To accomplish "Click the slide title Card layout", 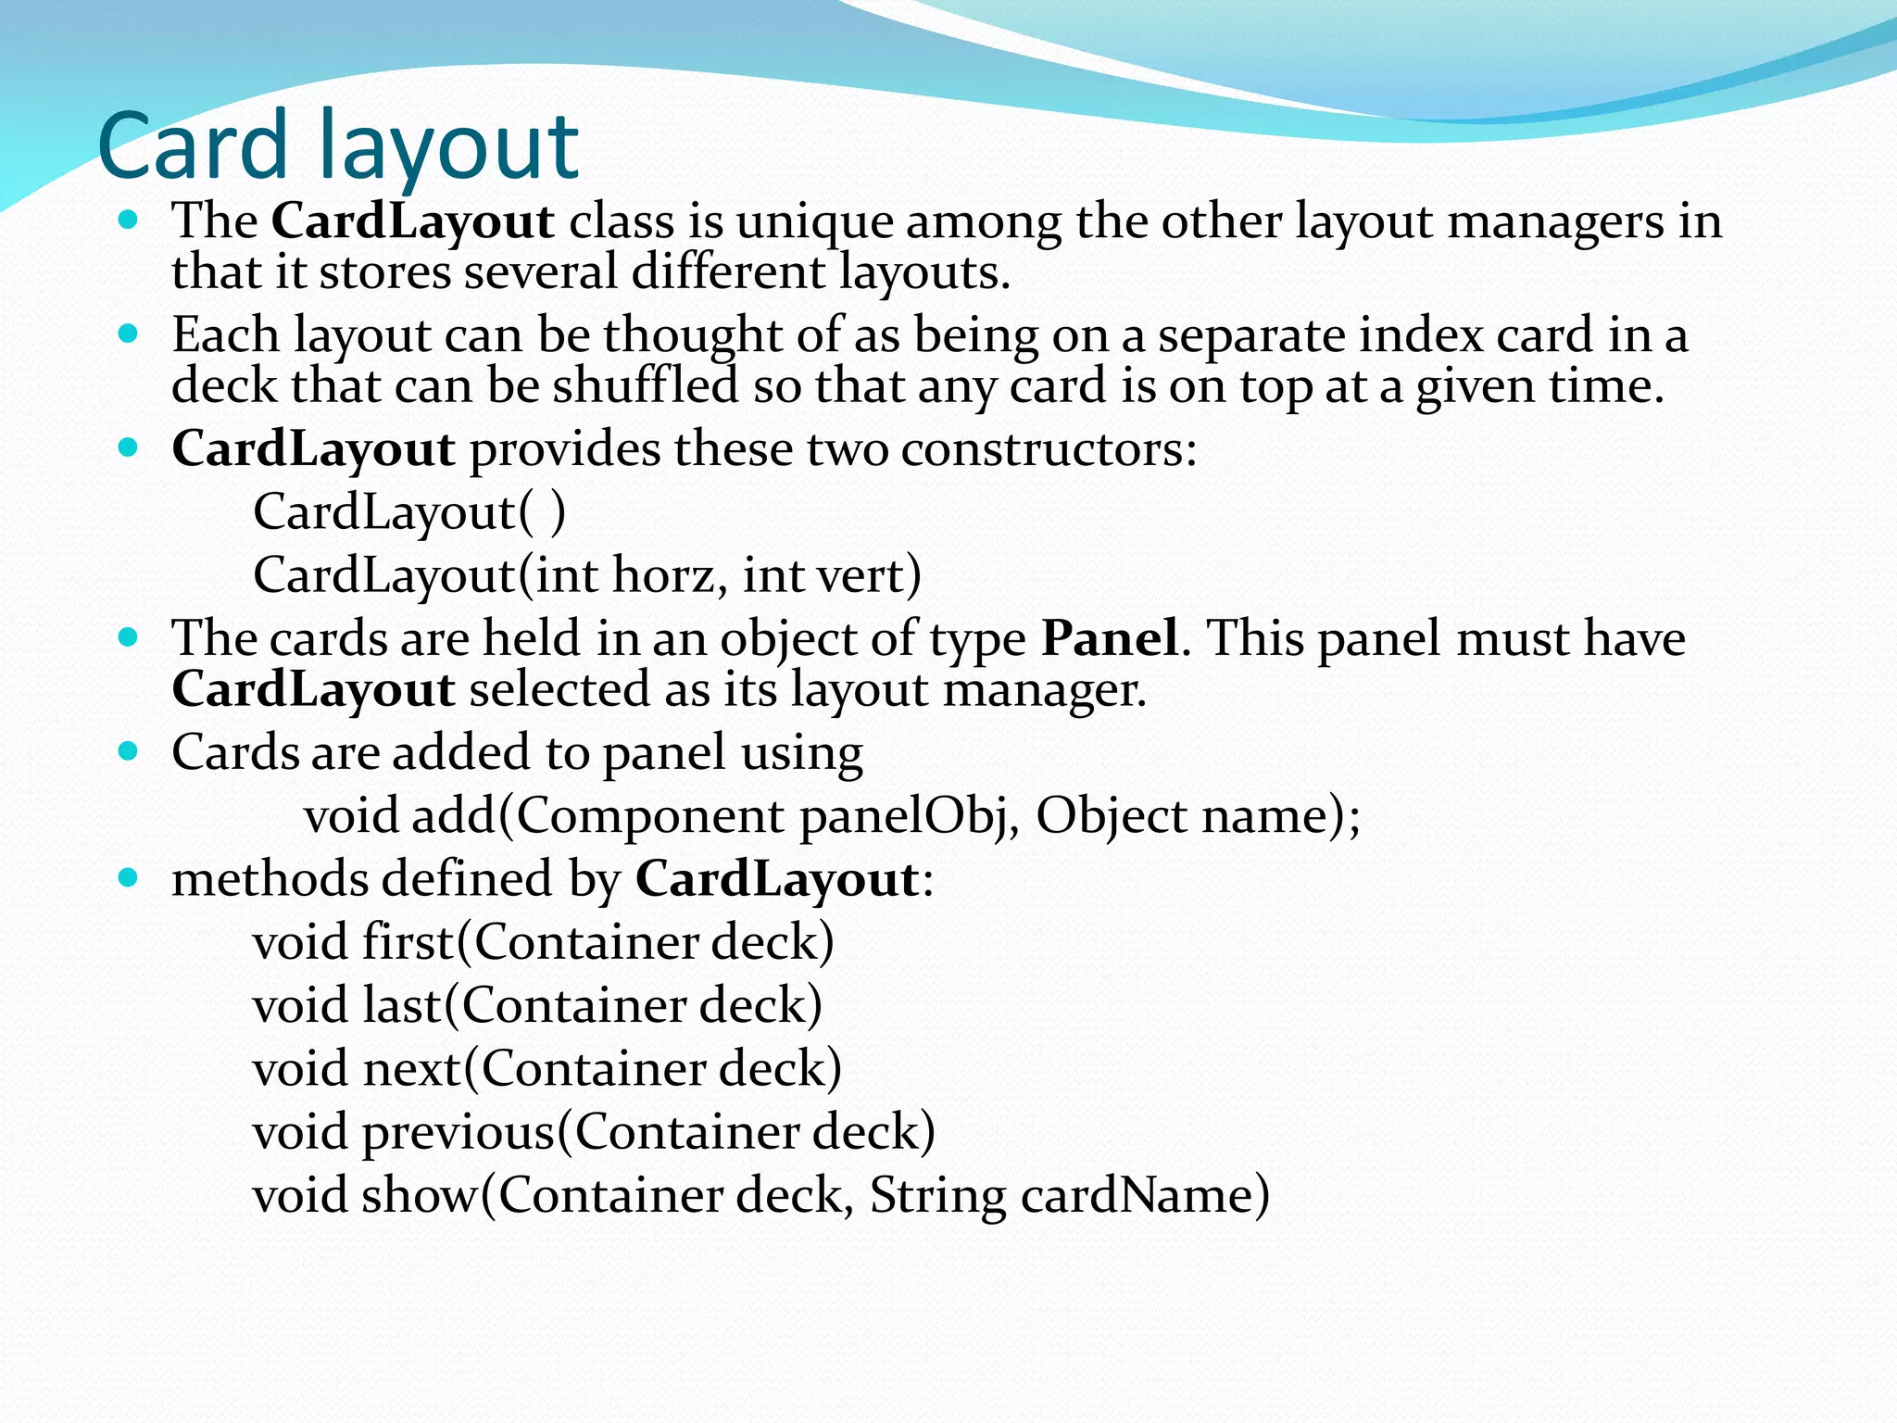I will [338, 146].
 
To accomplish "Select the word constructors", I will [1048, 449].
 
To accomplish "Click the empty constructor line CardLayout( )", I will [408, 512].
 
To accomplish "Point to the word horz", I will [664, 575].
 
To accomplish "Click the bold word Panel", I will [1110, 638].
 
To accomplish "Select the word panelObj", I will [903, 816].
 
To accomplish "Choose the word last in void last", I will [402, 1005].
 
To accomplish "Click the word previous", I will [458, 1132].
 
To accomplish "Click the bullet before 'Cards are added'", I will [128, 750].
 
